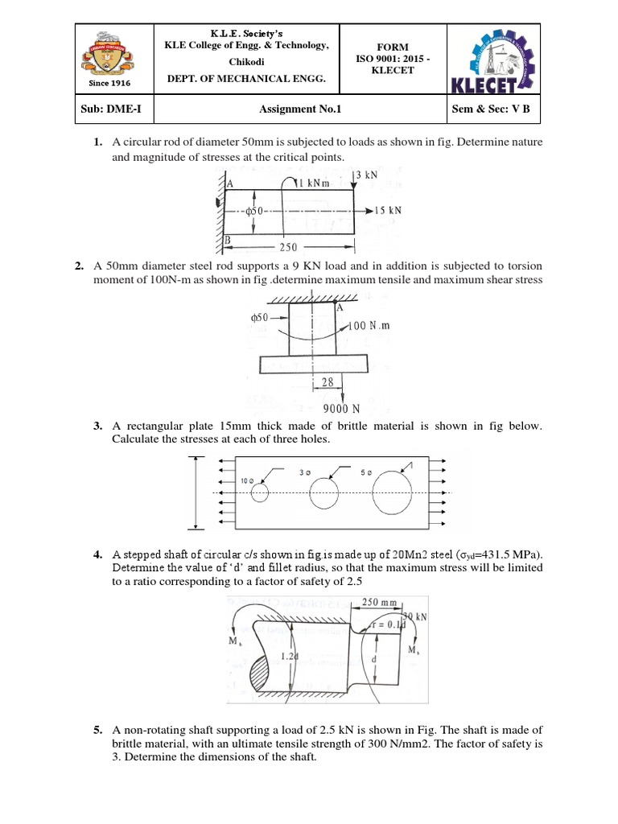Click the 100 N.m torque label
(x=369, y=326)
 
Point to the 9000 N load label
(x=341, y=409)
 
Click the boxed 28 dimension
(x=328, y=383)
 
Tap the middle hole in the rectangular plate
(x=324, y=492)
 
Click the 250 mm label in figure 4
(x=381, y=602)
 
